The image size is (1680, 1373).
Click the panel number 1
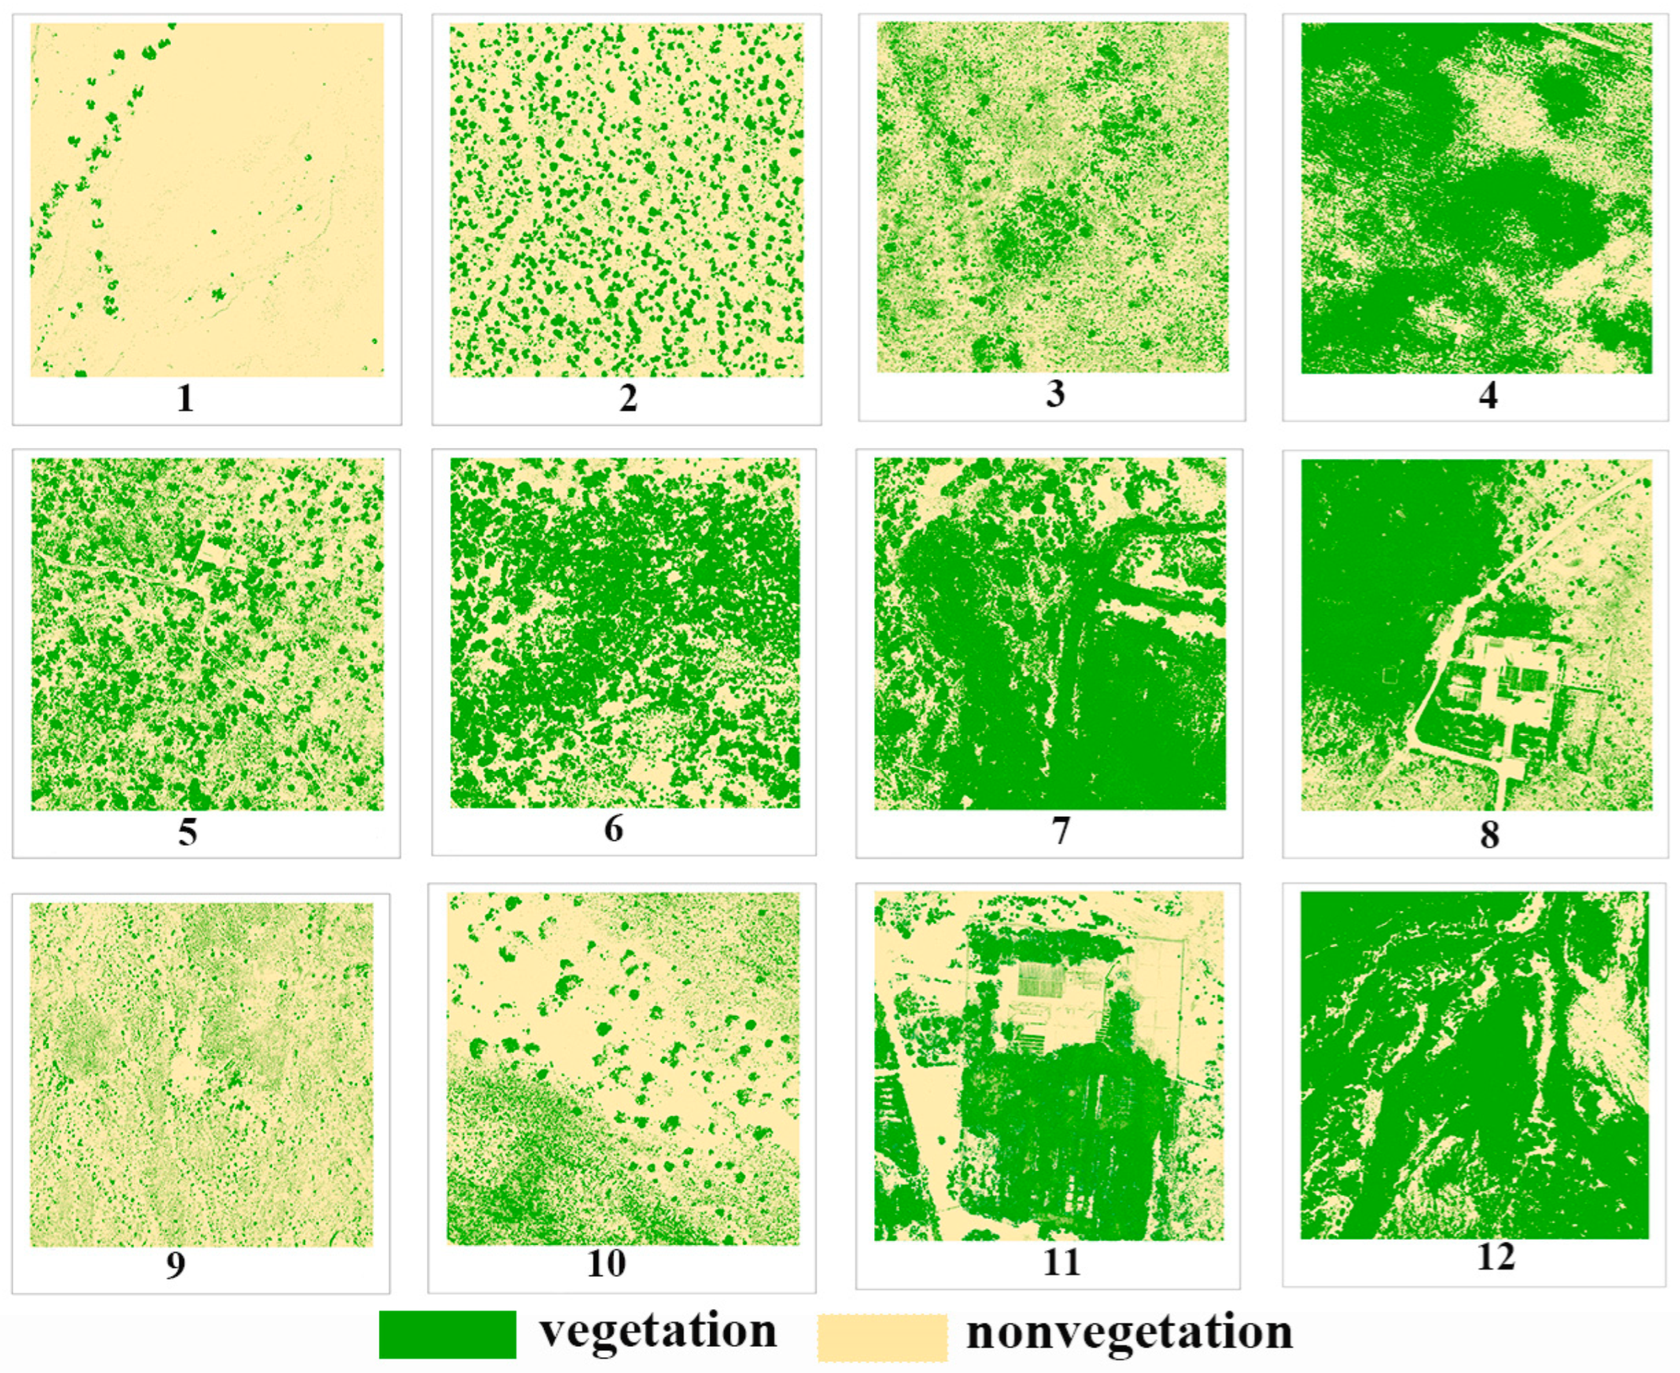pos(185,398)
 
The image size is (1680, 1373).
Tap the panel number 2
pos(628,398)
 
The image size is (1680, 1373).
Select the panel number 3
pos(1055,393)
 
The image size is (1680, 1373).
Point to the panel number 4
pos(1488,395)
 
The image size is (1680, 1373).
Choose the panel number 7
pos(1060,831)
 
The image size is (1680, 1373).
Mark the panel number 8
pos(1489,834)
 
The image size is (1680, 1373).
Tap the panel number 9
pos(176,1265)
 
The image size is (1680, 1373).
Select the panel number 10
pos(607,1263)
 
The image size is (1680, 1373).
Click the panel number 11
pos(1061,1262)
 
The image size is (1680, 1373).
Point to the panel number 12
pos(1496,1257)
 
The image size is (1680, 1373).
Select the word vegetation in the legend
pos(658,1331)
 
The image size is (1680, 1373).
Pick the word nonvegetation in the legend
pos(1129,1332)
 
